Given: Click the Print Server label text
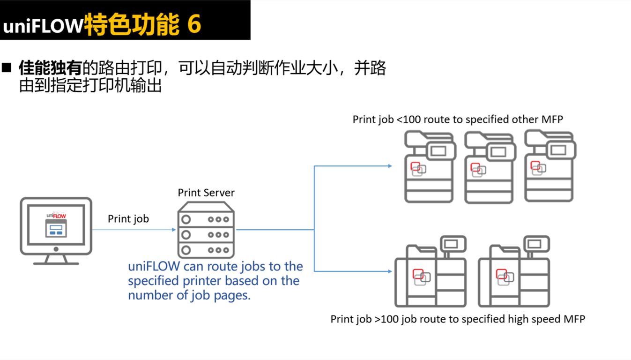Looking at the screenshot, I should click(x=206, y=193).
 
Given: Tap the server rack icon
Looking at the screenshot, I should click(x=206, y=230).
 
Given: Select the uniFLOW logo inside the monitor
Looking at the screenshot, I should click(x=56, y=215).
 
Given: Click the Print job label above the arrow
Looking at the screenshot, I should click(x=128, y=219).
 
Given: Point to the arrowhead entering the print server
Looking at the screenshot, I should click(x=174, y=230).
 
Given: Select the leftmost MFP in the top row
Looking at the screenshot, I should click(x=430, y=166).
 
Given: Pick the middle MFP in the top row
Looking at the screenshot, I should click(x=489, y=166).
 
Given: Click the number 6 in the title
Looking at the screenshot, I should click(x=194, y=24).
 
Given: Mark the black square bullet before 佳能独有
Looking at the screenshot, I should click(x=7, y=67).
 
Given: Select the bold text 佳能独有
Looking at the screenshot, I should click(x=50, y=68).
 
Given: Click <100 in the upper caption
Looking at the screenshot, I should click(x=409, y=120).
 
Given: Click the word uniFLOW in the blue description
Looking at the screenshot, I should click(x=154, y=267).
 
